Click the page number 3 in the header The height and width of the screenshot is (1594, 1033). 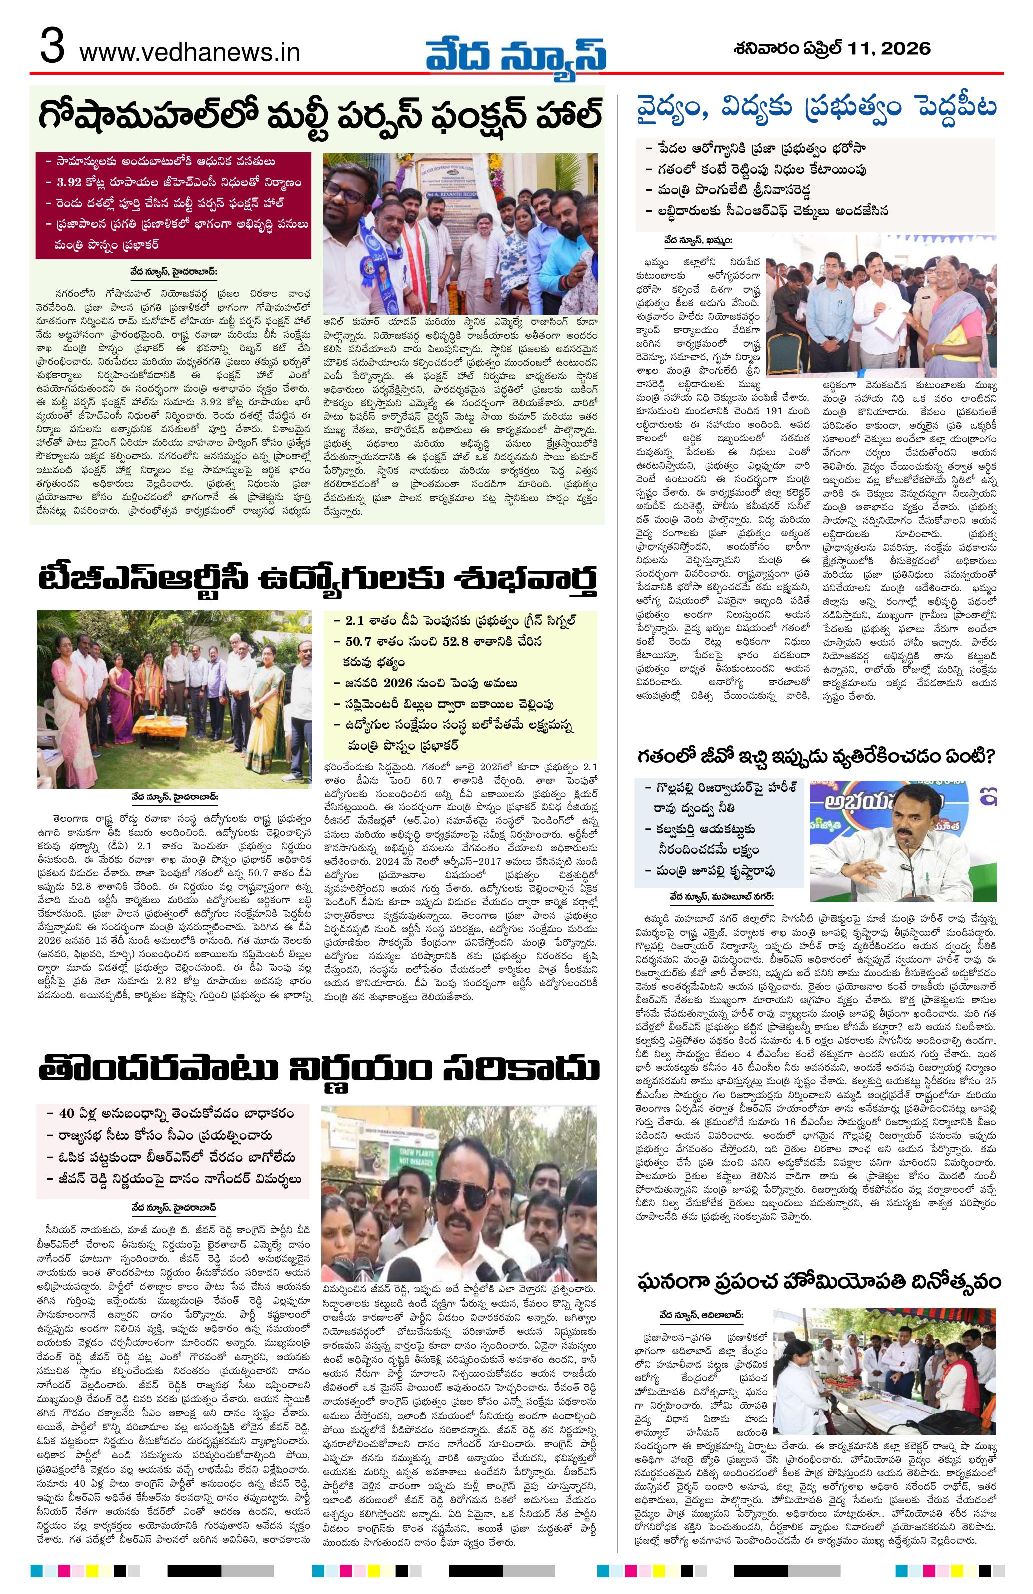click(52, 50)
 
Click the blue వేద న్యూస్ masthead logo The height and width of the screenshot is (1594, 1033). click(516, 51)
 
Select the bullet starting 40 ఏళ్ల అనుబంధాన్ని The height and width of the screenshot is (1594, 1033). click(171, 1114)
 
